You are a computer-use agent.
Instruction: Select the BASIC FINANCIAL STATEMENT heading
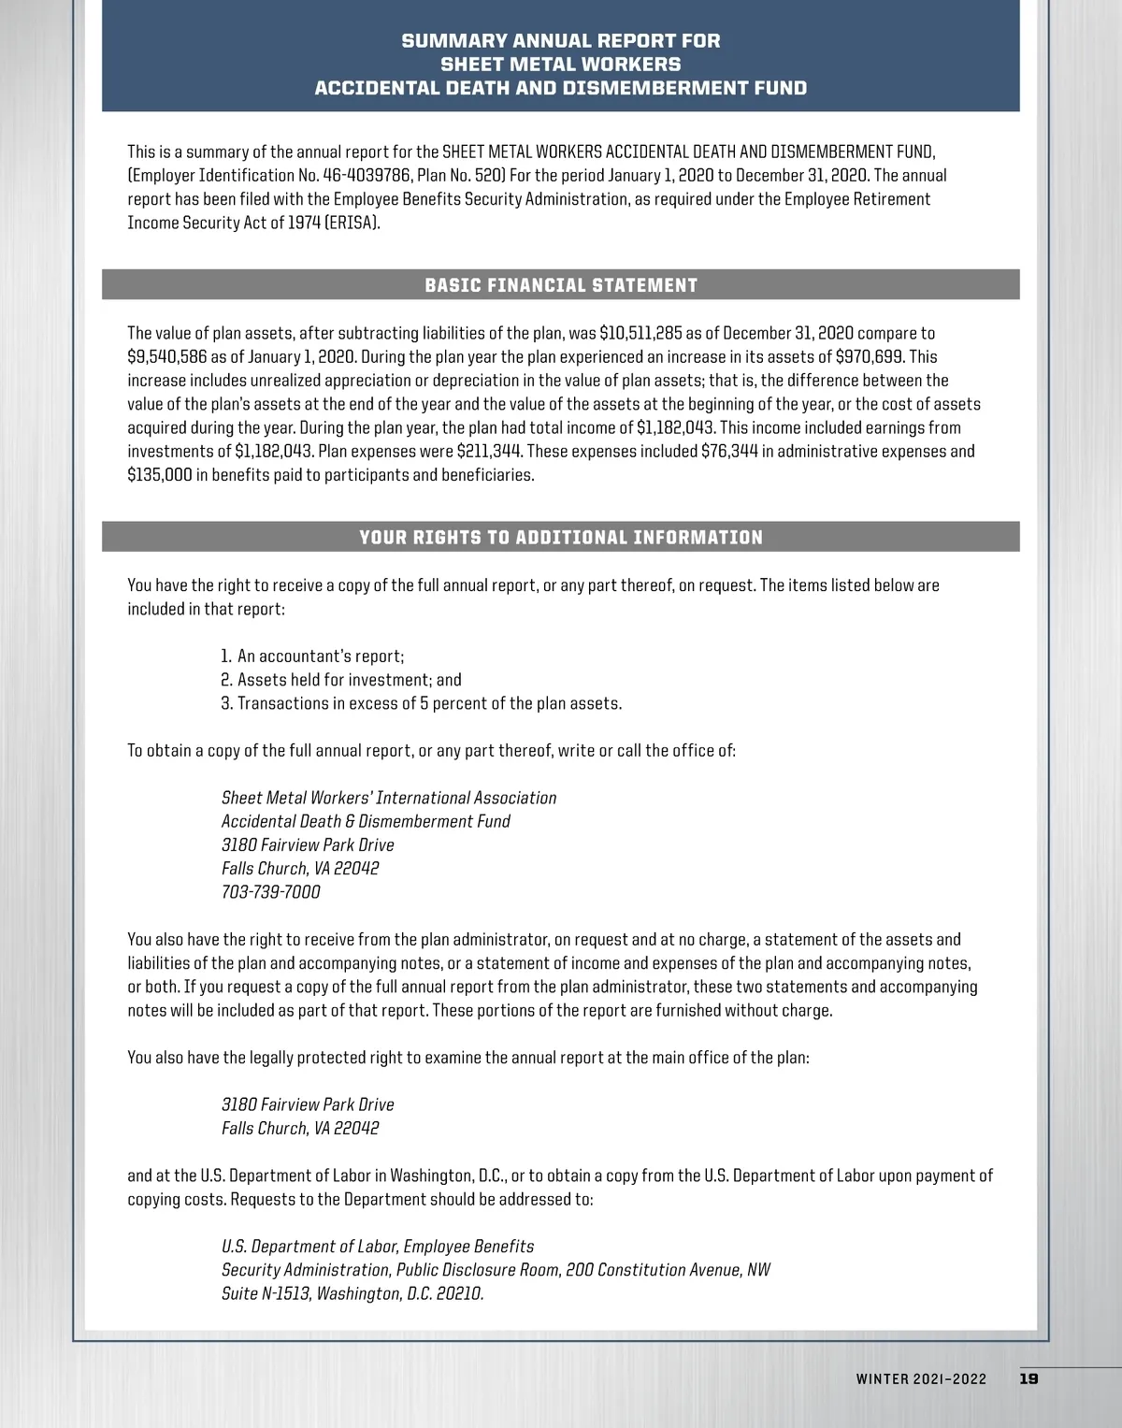(561, 285)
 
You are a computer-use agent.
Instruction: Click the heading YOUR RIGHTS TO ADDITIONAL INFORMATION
(561, 537)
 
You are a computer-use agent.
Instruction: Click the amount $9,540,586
(166, 356)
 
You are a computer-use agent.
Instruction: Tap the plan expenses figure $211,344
(490, 451)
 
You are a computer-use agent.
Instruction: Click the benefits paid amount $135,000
(160, 474)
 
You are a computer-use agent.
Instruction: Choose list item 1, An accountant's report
(313, 656)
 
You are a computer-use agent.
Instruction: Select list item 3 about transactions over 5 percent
(422, 703)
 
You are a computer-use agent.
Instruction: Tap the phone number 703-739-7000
(271, 892)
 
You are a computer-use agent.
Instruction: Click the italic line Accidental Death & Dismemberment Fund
(366, 821)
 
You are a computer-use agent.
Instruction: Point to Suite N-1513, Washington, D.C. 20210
(352, 1293)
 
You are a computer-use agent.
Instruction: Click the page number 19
(1029, 1378)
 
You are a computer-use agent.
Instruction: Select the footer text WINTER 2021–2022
(921, 1378)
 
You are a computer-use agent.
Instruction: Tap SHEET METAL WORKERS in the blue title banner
(561, 65)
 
